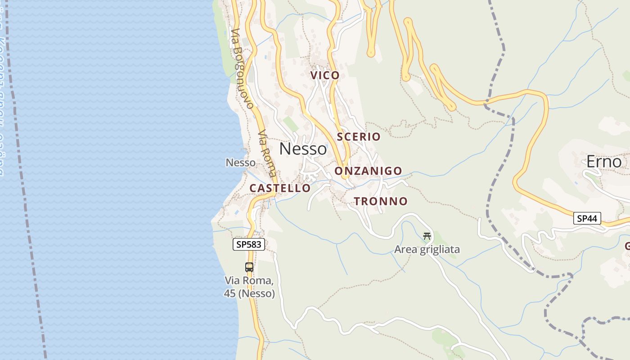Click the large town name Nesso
pyautogui.click(x=303, y=148)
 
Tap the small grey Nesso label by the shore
pyautogui.click(x=240, y=162)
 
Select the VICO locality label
pyautogui.click(x=325, y=75)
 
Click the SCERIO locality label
pyautogui.click(x=358, y=136)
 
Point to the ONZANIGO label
pyautogui.click(x=368, y=171)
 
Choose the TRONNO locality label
pyautogui.click(x=381, y=201)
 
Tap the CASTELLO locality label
pyautogui.click(x=280, y=188)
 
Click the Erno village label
pyautogui.click(x=604, y=162)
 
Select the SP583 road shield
pyautogui.click(x=249, y=244)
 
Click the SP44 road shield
pyautogui.click(x=587, y=219)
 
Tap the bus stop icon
pyautogui.click(x=249, y=267)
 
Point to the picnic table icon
pyautogui.click(x=427, y=235)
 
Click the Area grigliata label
pyautogui.click(x=427, y=249)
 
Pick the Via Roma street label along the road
pyautogui.click(x=267, y=153)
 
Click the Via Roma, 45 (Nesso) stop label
pyautogui.click(x=249, y=287)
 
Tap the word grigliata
pyautogui.click(x=440, y=249)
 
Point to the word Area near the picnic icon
pyautogui.click(x=405, y=249)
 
